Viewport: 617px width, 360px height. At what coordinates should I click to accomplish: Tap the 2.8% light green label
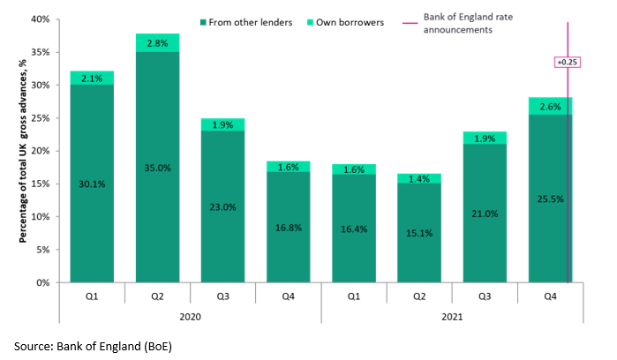[157, 42]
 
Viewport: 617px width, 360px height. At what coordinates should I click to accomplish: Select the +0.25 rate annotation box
[565, 63]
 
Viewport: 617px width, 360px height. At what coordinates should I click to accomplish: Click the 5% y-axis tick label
[42, 251]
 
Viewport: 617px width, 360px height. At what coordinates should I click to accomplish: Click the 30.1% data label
[93, 184]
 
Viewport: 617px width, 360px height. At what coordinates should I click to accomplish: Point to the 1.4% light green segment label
[419, 178]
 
